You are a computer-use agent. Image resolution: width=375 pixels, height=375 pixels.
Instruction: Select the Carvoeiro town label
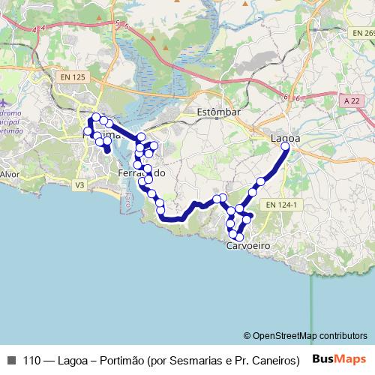coord(247,246)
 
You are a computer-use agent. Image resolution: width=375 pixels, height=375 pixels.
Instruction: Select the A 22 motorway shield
coord(348,100)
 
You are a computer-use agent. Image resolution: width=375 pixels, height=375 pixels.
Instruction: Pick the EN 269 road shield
coord(362,34)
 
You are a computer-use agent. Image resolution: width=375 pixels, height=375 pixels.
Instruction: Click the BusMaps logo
coord(340,359)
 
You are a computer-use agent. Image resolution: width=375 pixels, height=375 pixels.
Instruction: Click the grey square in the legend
coord(10,360)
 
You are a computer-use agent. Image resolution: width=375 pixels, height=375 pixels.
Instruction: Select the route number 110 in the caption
coord(31,360)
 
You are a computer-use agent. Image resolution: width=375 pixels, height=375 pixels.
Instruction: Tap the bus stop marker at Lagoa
coord(285,148)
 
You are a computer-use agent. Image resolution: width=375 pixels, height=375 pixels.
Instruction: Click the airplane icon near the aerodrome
coord(4,101)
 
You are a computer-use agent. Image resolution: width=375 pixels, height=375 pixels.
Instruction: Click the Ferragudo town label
coord(142,173)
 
